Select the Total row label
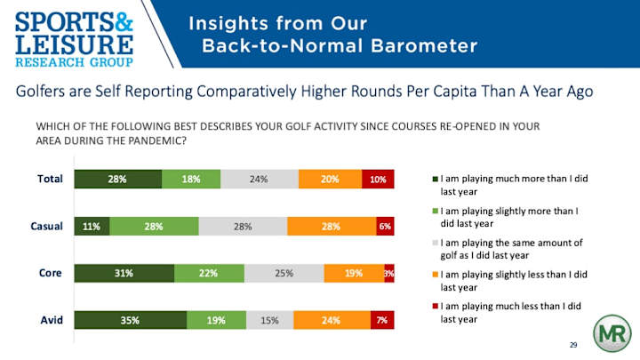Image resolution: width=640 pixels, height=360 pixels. point(50,179)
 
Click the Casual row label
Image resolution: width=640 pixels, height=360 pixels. point(47,226)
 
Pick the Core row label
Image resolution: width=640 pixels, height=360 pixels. point(51,273)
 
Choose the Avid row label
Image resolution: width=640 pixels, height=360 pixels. point(51,320)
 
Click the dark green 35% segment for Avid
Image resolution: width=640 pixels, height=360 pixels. point(130,320)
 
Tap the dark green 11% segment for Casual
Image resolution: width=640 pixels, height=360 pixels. point(92,226)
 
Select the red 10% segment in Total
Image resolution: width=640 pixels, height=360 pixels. point(377,179)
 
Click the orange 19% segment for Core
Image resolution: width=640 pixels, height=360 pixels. point(354,273)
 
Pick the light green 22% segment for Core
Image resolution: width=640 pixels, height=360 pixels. point(210,273)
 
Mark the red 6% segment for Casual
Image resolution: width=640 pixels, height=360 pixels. point(385,226)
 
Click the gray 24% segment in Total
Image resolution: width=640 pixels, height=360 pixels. point(259,179)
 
